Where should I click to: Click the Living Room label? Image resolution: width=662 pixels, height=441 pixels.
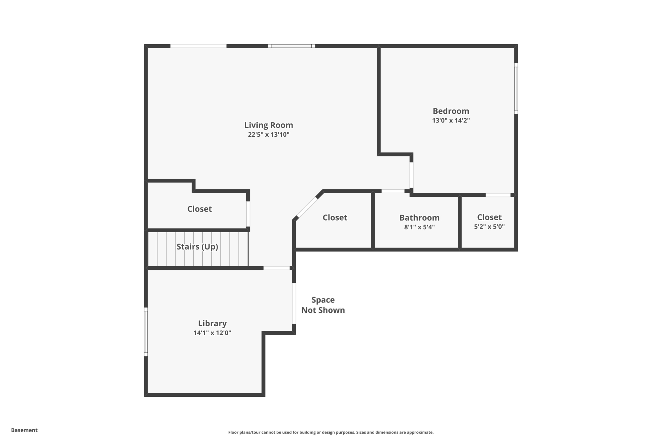pos(269,125)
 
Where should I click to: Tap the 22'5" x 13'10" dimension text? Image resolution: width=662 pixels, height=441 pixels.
pos(269,134)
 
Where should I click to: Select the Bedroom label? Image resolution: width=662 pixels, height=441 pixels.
pos(451,111)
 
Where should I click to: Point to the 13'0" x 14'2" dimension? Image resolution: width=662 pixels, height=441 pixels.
pos(451,121)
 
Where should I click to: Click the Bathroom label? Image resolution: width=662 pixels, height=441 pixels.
pos(419,218)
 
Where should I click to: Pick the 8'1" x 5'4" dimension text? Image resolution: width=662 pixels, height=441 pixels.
pos(419,227)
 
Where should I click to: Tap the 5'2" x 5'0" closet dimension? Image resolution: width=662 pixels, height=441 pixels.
pos(489,227)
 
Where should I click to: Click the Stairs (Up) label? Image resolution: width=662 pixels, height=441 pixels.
pos(197,247)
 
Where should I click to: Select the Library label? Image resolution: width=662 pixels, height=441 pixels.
pos(212,323)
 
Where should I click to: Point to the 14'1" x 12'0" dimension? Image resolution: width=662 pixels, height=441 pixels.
pos(212,333)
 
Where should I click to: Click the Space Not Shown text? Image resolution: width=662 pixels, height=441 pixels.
pos(323,305)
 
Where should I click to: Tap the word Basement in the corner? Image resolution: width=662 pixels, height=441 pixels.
pos(24,430)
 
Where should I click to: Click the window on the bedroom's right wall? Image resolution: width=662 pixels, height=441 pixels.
pos(516,89)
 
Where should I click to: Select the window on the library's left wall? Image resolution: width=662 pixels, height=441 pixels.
pos(146,332)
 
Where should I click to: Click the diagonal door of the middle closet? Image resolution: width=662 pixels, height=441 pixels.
pos(307,207)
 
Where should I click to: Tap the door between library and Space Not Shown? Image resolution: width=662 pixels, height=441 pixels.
pos(294,303)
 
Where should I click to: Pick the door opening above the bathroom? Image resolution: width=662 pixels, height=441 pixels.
pos(393,191)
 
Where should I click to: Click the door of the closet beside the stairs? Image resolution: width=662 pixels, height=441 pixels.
pos(248,214)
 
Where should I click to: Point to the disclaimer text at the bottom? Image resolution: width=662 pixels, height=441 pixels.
pos(331,432)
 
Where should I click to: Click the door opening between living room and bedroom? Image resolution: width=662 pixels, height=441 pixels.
pos(411,175)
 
